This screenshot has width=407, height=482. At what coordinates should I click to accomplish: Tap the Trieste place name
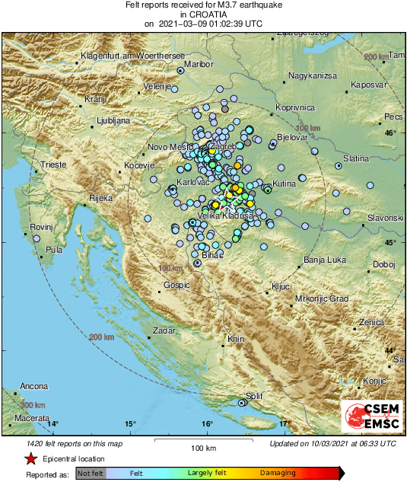[54, 164]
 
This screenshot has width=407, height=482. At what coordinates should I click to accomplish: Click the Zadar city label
[164, 331]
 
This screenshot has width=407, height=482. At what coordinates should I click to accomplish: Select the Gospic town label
[176, 286]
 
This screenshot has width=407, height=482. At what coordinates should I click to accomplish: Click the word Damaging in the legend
[278, 473]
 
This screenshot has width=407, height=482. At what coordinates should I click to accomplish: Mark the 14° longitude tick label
[52, 423]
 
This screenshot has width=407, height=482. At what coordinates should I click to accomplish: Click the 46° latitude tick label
[390, 133]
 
